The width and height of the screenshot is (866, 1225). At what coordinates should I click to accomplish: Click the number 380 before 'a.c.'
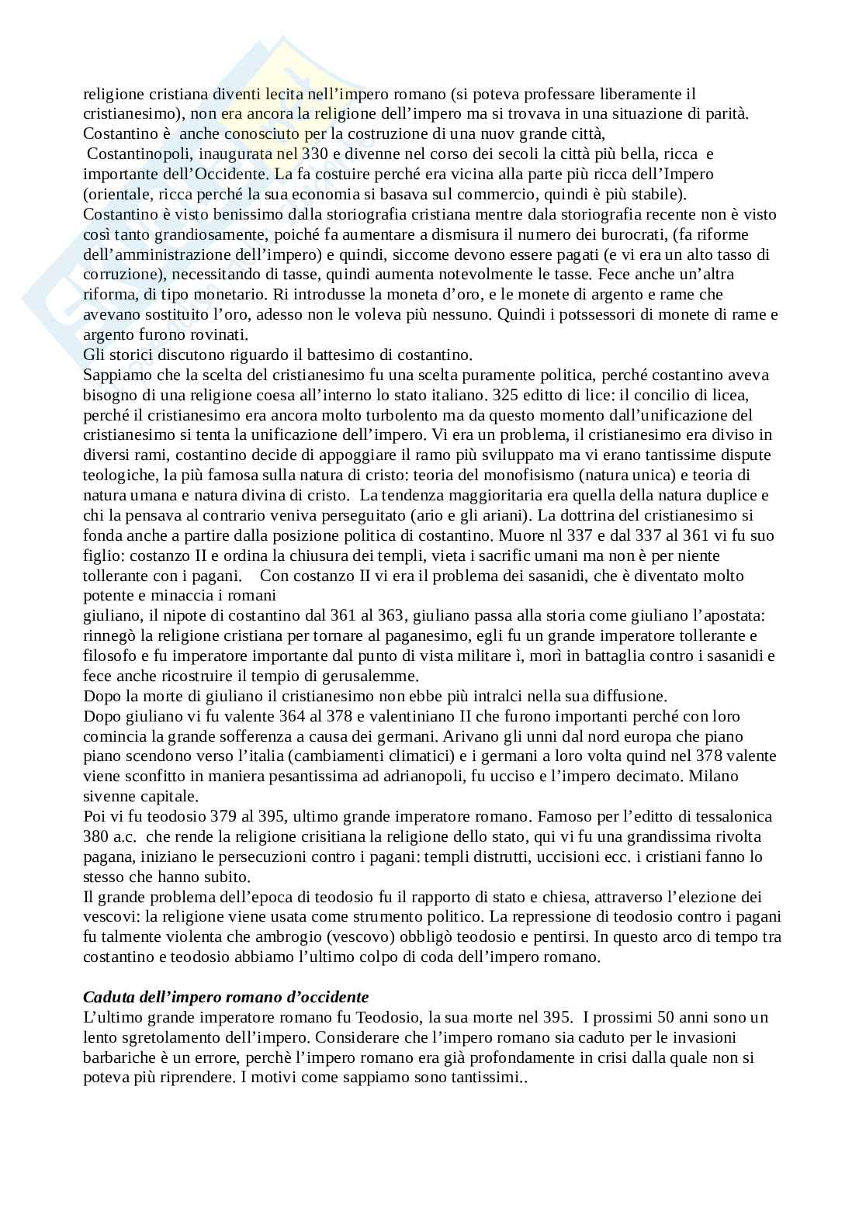tap(96, 837)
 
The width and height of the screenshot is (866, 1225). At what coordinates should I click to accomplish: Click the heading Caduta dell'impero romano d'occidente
tap(226, 997)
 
